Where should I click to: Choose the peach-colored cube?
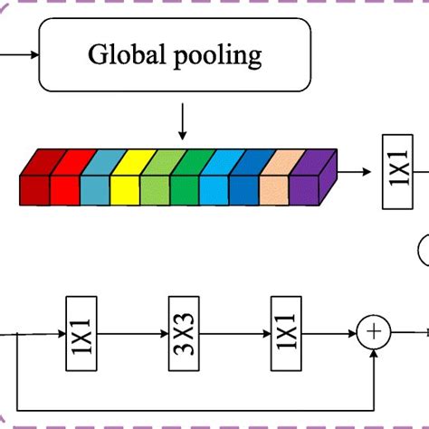[273, 186]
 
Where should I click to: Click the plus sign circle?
[371, 332]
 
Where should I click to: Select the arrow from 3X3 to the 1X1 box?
[234, 332]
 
